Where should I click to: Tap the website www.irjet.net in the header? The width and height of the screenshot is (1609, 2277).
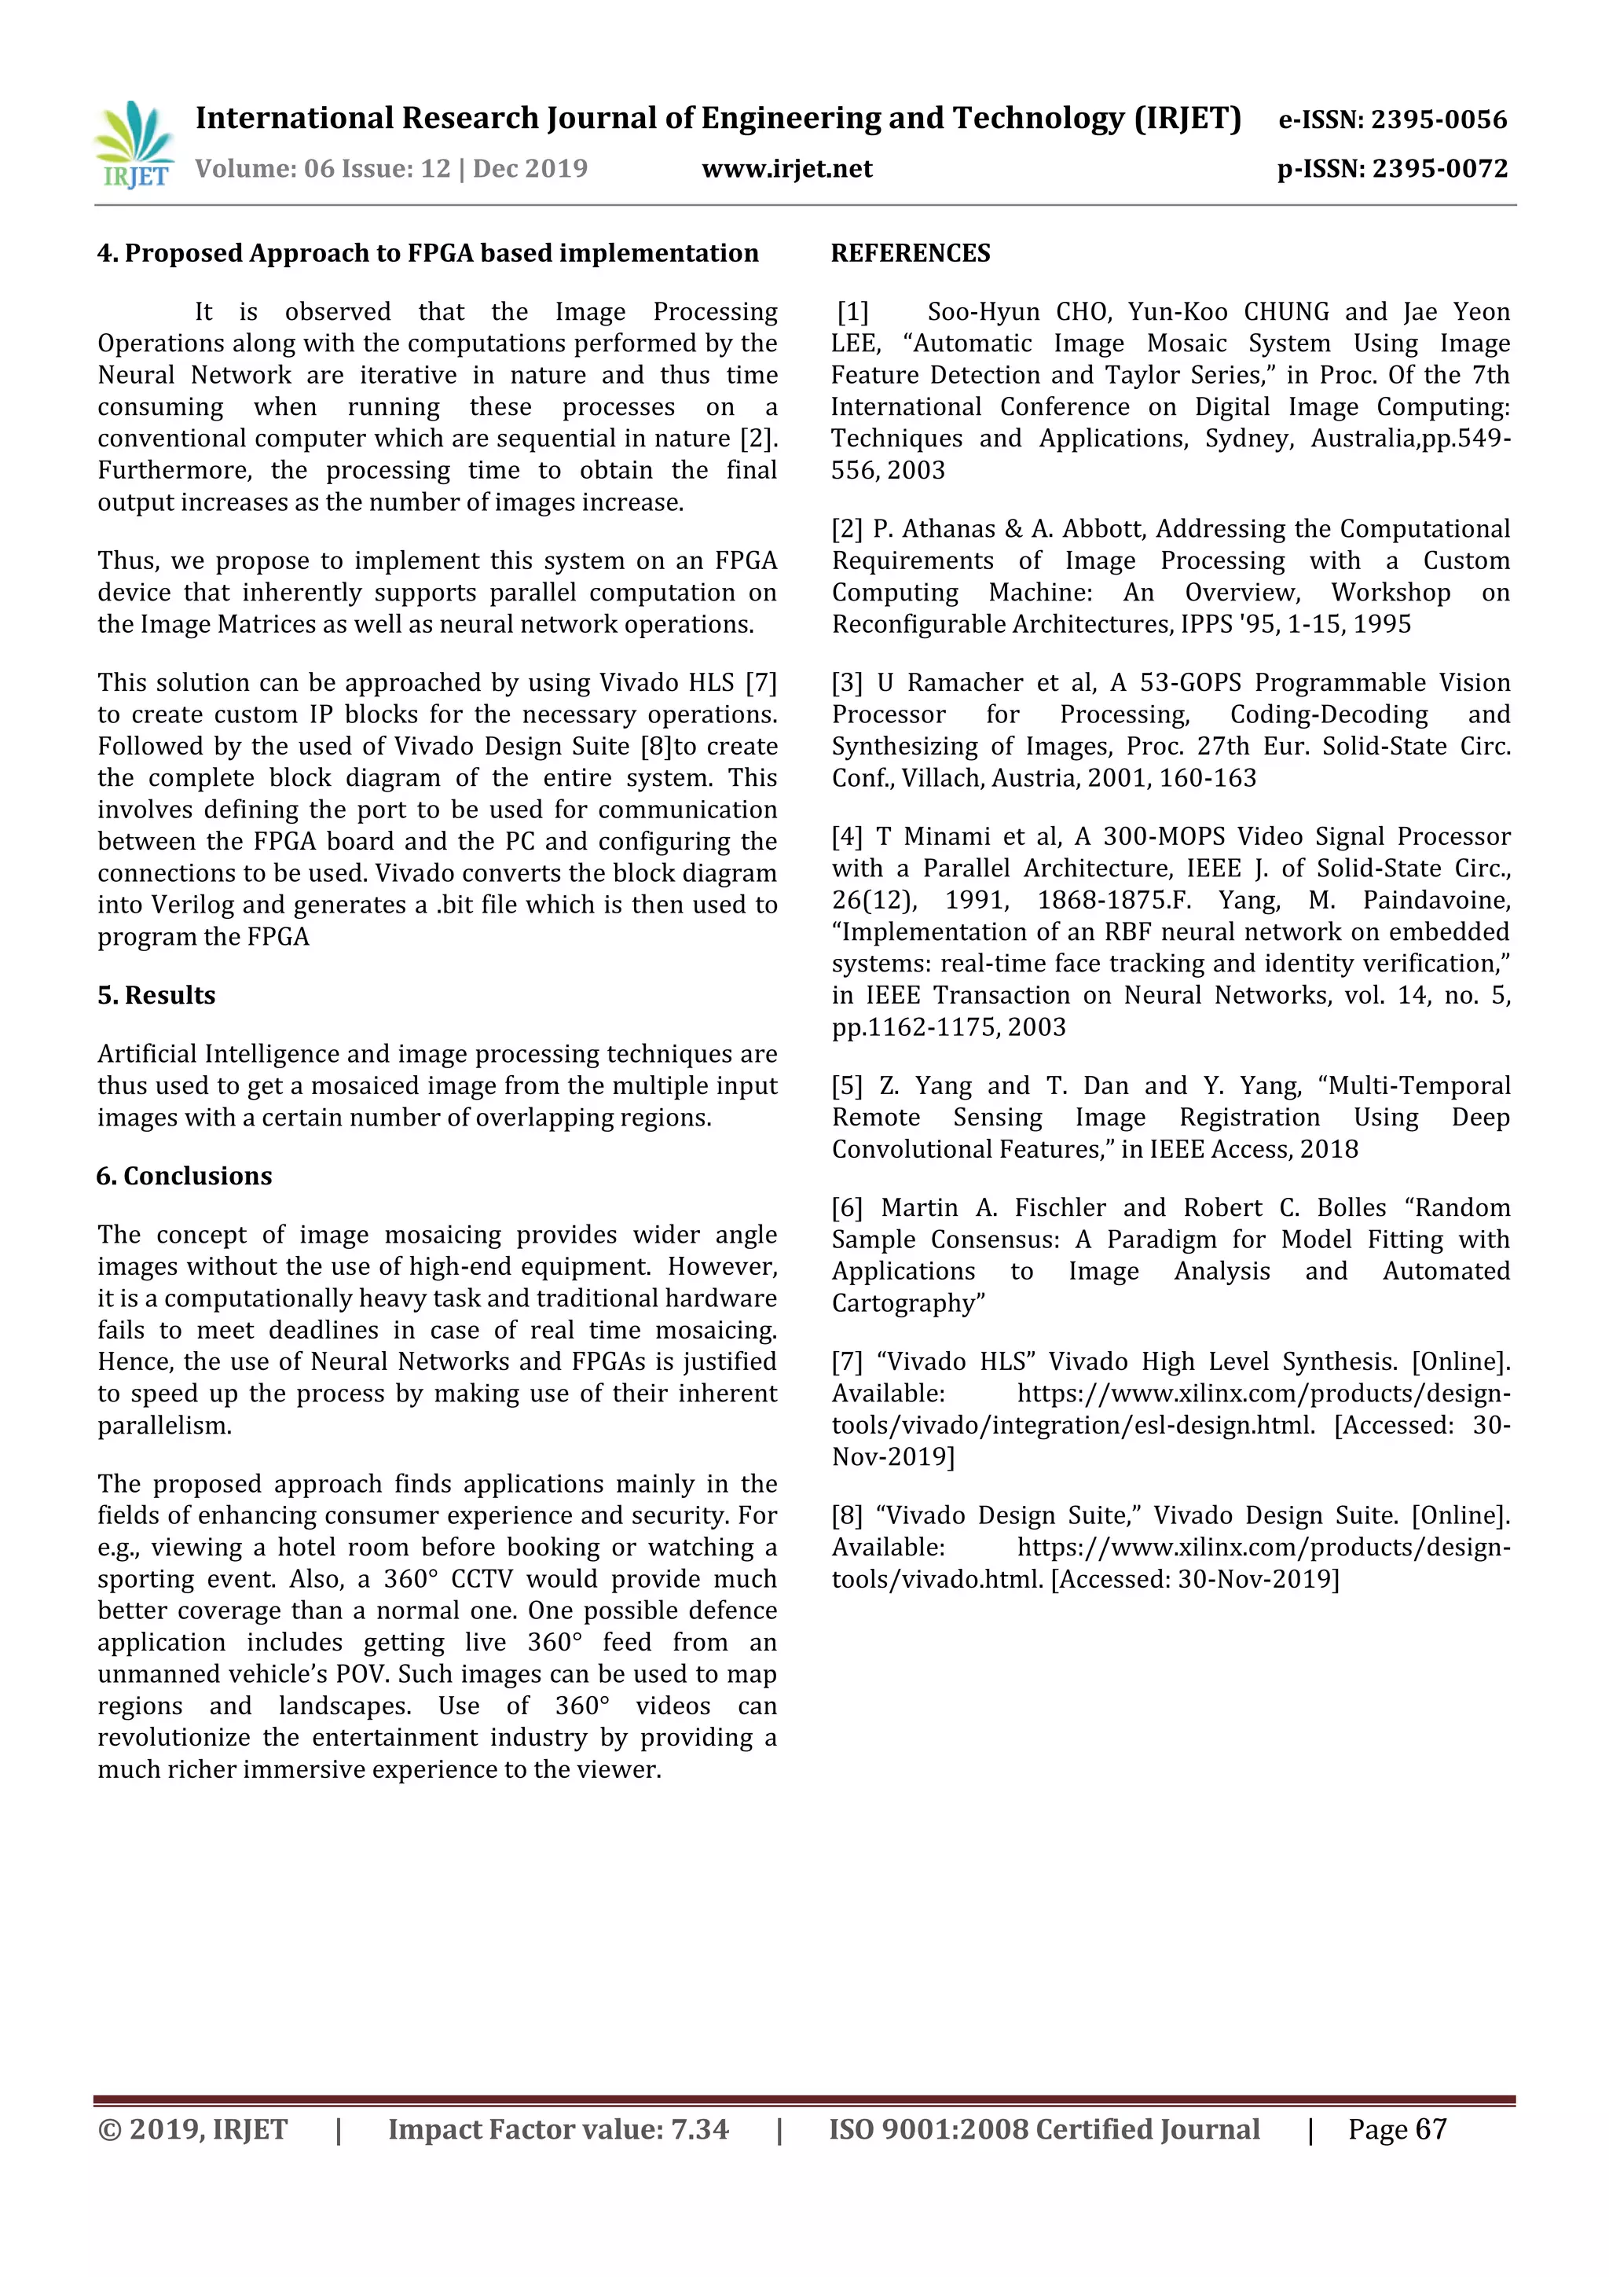tap(786, 168)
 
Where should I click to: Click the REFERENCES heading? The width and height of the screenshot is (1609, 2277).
tap(910, 254)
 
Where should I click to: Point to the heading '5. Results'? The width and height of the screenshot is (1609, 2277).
tap(156, 996)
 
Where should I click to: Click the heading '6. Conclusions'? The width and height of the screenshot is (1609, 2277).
tap(185, 1176)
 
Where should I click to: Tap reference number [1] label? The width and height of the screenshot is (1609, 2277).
tap(852, 312)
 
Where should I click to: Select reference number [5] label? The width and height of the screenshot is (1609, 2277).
tap(848, 1086)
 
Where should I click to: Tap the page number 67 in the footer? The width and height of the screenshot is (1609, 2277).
tap(1431, 2130)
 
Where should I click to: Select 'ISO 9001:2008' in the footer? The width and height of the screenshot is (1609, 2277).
tap(927, 2130)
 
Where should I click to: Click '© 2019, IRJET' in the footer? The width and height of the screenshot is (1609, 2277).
tap(192, 2130)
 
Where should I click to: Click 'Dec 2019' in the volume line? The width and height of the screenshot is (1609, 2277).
tap(530, 168)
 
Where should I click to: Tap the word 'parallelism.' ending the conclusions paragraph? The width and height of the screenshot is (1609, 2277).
tap(164, 1426)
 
